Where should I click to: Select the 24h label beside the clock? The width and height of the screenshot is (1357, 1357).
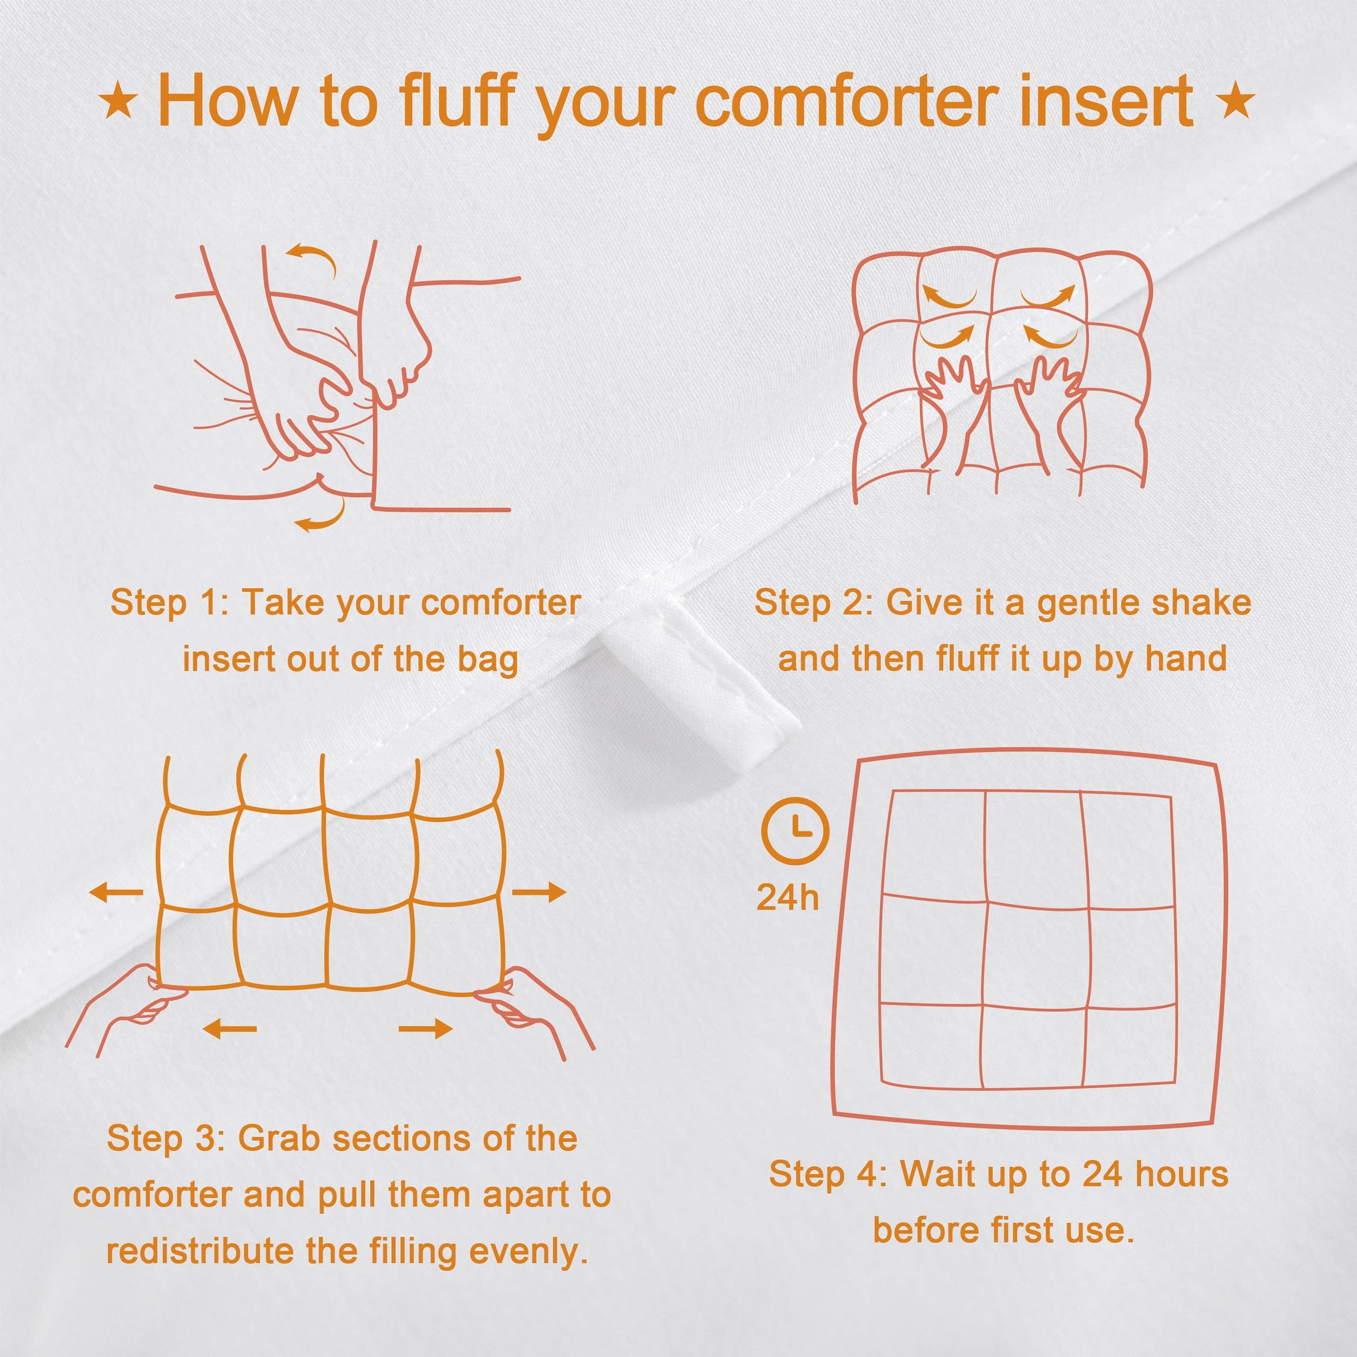(x=787, y=897)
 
